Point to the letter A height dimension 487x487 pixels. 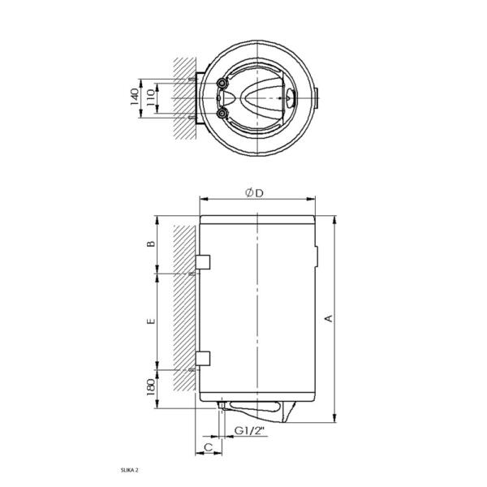(329, 318)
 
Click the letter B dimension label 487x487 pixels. (149, 244)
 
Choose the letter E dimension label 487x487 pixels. (149, 322)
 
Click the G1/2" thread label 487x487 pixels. (248, 430)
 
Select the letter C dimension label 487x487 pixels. (208, 446)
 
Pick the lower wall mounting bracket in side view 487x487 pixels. (203, 358)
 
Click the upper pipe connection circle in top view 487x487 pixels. (222, 84)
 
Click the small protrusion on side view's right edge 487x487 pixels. (317, 259)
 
